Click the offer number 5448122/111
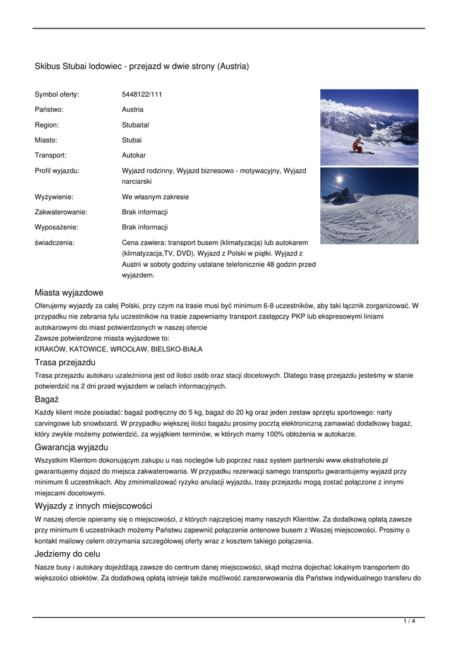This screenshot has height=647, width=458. (142, 94)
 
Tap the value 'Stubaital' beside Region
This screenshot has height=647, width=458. (135, 124)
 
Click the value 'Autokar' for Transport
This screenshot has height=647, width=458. (133, 155)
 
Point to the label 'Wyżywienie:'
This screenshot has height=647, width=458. (53, 197)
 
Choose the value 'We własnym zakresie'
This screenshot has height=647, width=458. (155, 197)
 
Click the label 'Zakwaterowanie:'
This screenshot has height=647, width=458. (61, 212)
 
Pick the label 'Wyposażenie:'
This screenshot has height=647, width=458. (56, 227)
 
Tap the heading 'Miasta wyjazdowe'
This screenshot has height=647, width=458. (69, 293)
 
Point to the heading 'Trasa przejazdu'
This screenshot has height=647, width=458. (65, 363)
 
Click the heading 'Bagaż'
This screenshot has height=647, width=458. (46, 399)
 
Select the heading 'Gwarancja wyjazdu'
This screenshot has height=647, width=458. (71, 447)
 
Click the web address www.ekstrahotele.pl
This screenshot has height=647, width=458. (356, 460)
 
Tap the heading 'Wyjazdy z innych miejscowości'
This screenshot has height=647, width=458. (93, 505)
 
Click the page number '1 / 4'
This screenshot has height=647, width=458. (409, 622)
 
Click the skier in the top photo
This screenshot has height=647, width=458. (358, 147)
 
